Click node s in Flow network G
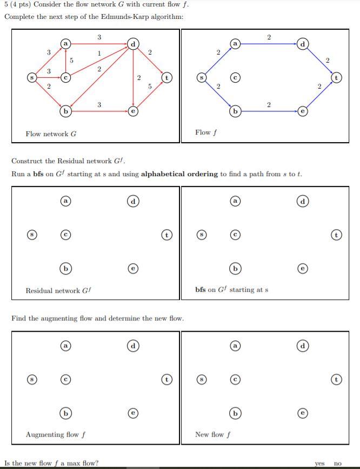click(x=32, y=78)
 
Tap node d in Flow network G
click(x=133, y=43)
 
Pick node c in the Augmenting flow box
click(x=65, y=379)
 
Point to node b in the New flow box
click(x=235, y=413)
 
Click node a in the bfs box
click(x=235, y=201)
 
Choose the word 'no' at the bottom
click(x=338, y=463)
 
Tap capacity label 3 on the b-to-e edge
click(x=99, y=105)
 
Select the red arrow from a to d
click(x=99, y=43)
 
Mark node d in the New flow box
click(x=303, y=345)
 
